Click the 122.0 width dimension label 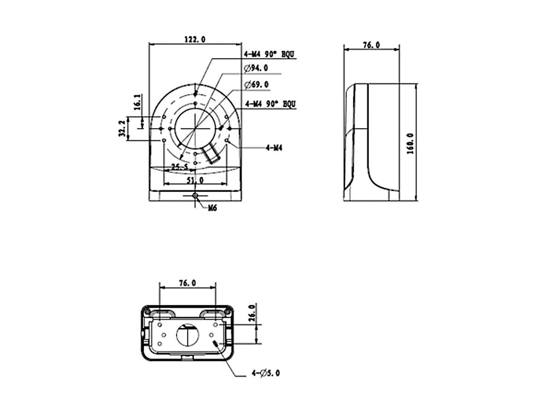194,40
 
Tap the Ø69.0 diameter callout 257,85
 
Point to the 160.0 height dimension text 410,143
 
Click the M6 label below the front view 212,208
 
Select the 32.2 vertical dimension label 122,128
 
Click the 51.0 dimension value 195,181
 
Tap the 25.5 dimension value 180,167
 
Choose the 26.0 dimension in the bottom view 251,313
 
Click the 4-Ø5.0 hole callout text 265,373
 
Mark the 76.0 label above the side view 371,45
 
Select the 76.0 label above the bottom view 187,283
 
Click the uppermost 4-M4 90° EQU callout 269,54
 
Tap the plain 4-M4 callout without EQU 274,148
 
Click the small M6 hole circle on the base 195,196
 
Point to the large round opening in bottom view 188,335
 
